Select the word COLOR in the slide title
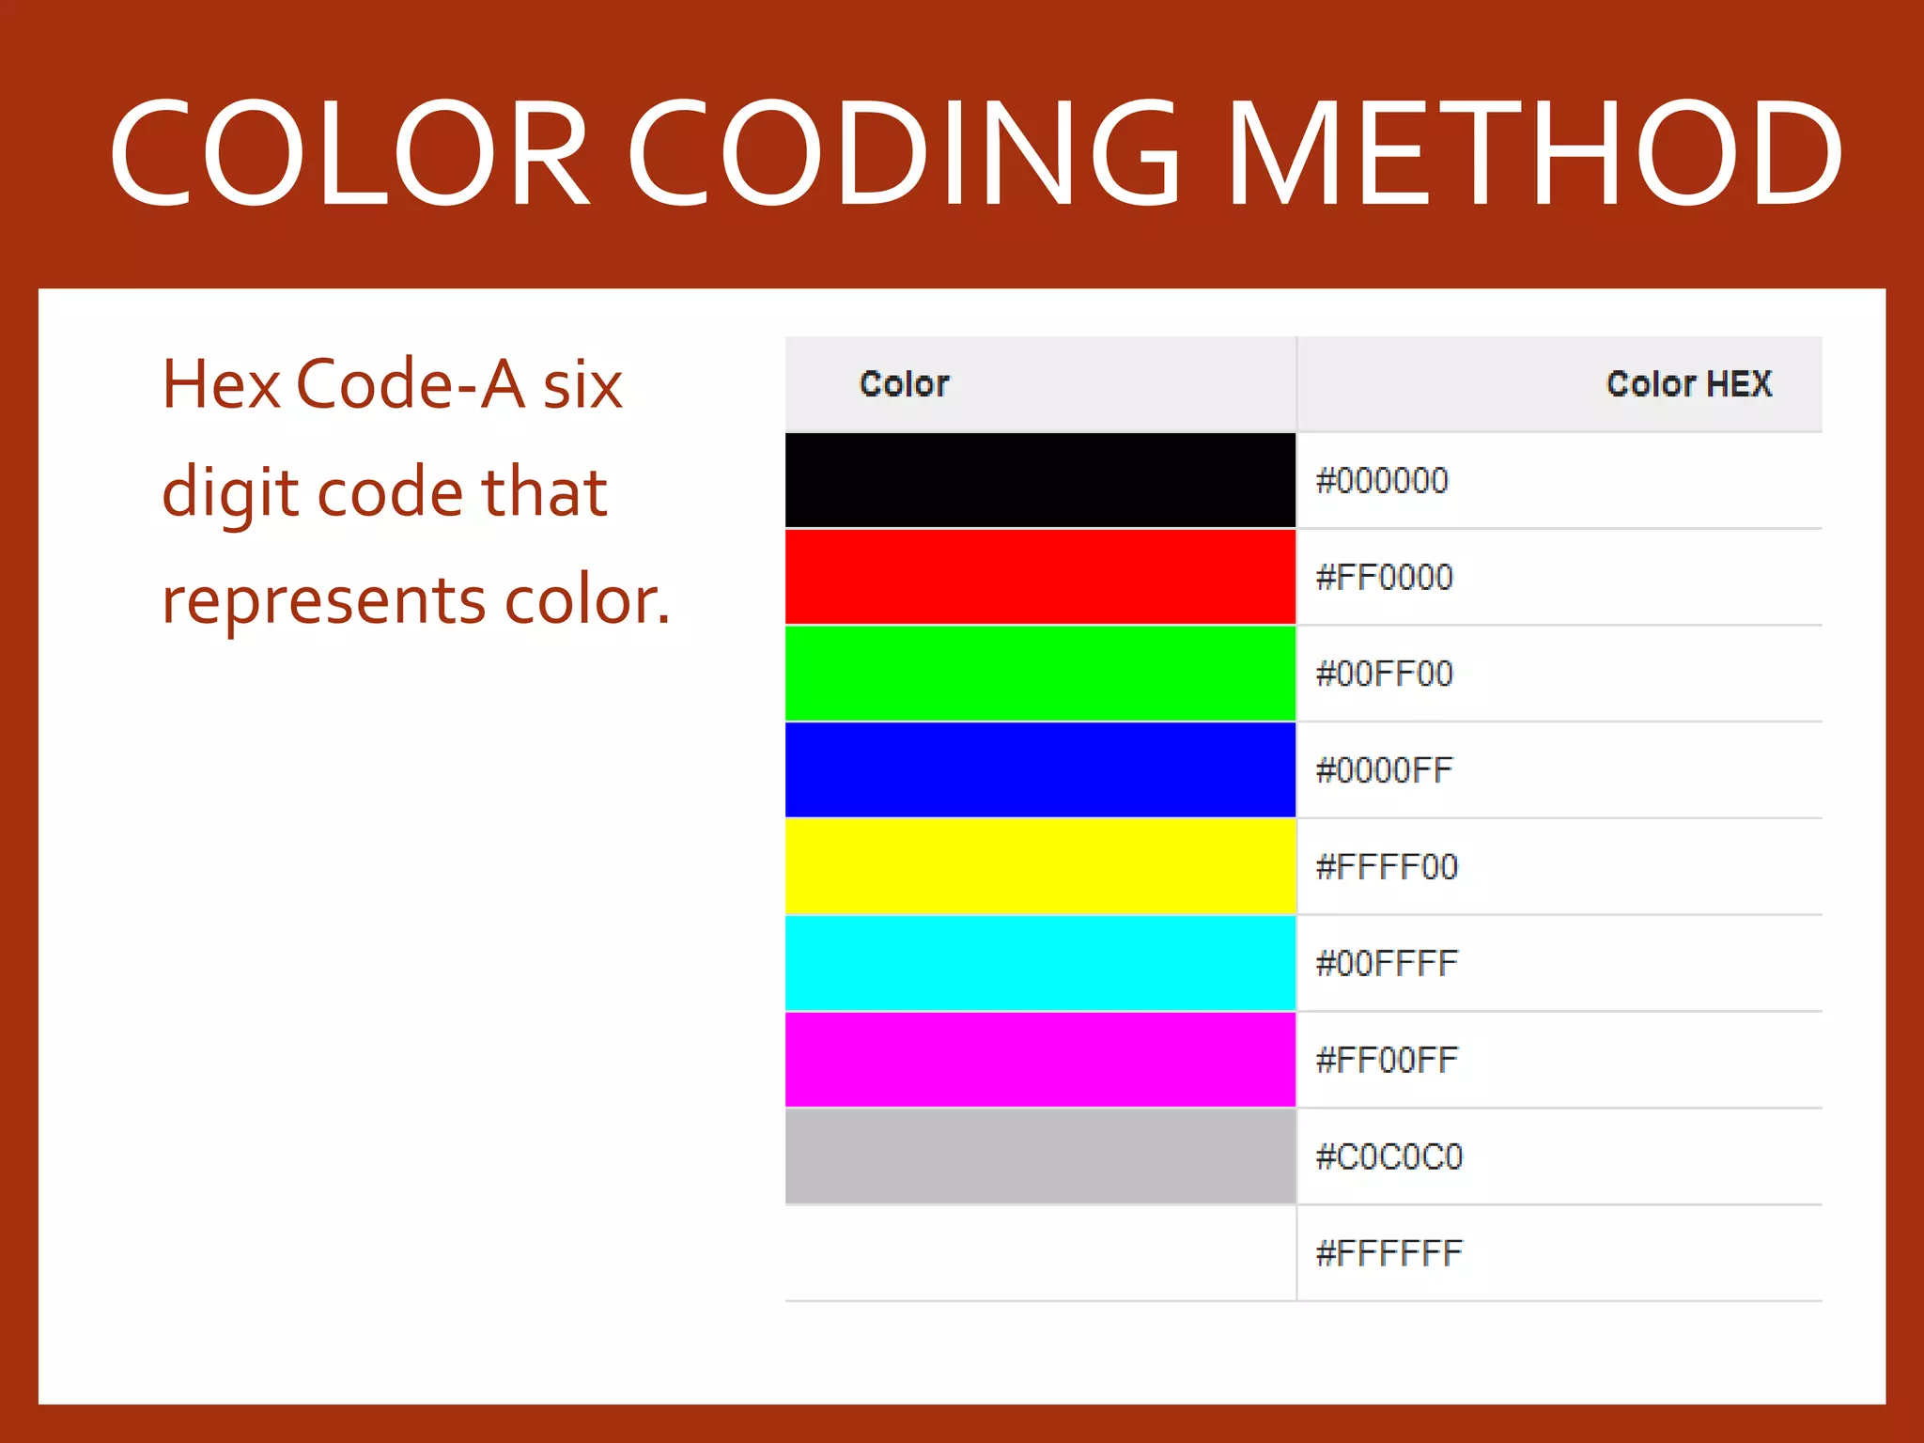349,153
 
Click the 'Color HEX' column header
1688,383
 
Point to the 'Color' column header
904,383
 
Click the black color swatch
1040,480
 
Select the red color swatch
1040,577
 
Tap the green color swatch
1040,674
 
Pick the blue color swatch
1040,770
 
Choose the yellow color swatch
1040,866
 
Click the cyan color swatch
1040,963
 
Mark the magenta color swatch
1040,1060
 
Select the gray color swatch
1040,1156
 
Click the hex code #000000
1382,481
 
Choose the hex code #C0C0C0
1389,1156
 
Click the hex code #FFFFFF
1389,1253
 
